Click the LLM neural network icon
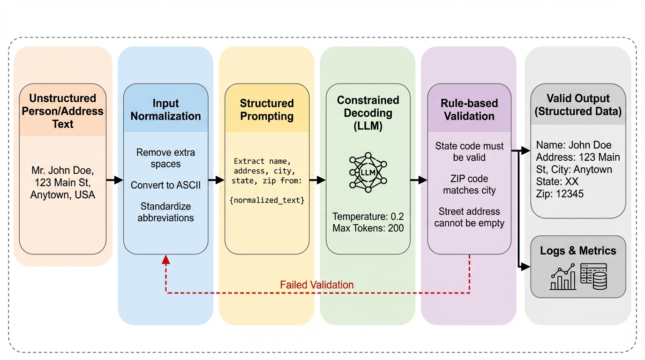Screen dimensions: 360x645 coord(368,172)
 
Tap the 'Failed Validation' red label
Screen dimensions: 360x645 coord(316,285)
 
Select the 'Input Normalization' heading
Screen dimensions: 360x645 coord(165,110)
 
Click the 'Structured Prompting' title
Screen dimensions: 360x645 coord(267,110)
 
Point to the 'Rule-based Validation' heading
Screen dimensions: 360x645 coord(469,110)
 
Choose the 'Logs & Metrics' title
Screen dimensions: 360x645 coord(578,251)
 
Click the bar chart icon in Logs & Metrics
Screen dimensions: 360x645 coord(563,277)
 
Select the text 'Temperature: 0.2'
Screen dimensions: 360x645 coord(368,217)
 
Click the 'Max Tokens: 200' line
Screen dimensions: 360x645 coord(368,228)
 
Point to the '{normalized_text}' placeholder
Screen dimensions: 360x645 coord(267,200)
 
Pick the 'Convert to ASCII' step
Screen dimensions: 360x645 coord(165,185)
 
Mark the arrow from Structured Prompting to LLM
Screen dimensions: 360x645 coord(317,180)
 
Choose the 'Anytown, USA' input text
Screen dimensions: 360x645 coord(63,195)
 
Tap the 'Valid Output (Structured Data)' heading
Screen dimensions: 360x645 coord(578,105)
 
